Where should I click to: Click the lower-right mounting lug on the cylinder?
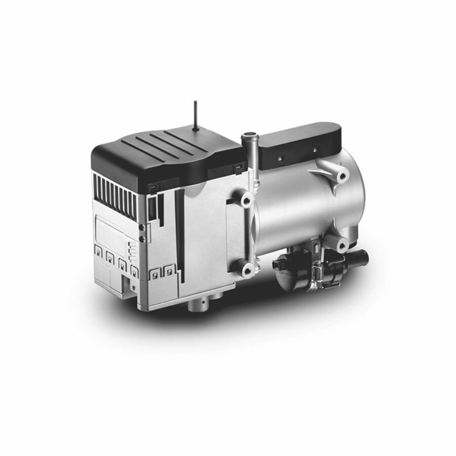pos(343,246)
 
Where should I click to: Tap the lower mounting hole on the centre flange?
pos(249,270)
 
